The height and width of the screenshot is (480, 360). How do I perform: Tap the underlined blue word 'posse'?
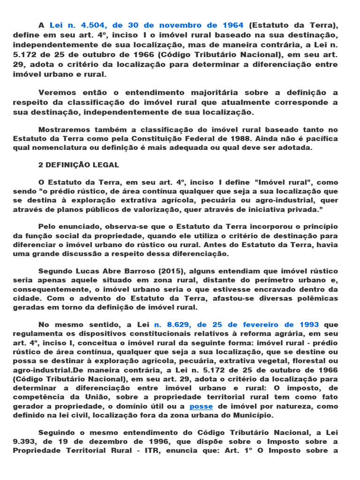(x=201, y=406)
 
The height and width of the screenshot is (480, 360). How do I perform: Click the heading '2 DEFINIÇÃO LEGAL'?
(x=78, y=165)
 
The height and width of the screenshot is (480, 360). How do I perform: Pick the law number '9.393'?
(x=24, y=441)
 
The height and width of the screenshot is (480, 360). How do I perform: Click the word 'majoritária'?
(x=181, y=93)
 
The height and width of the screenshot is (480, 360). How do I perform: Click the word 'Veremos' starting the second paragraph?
(x=54, y=93)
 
